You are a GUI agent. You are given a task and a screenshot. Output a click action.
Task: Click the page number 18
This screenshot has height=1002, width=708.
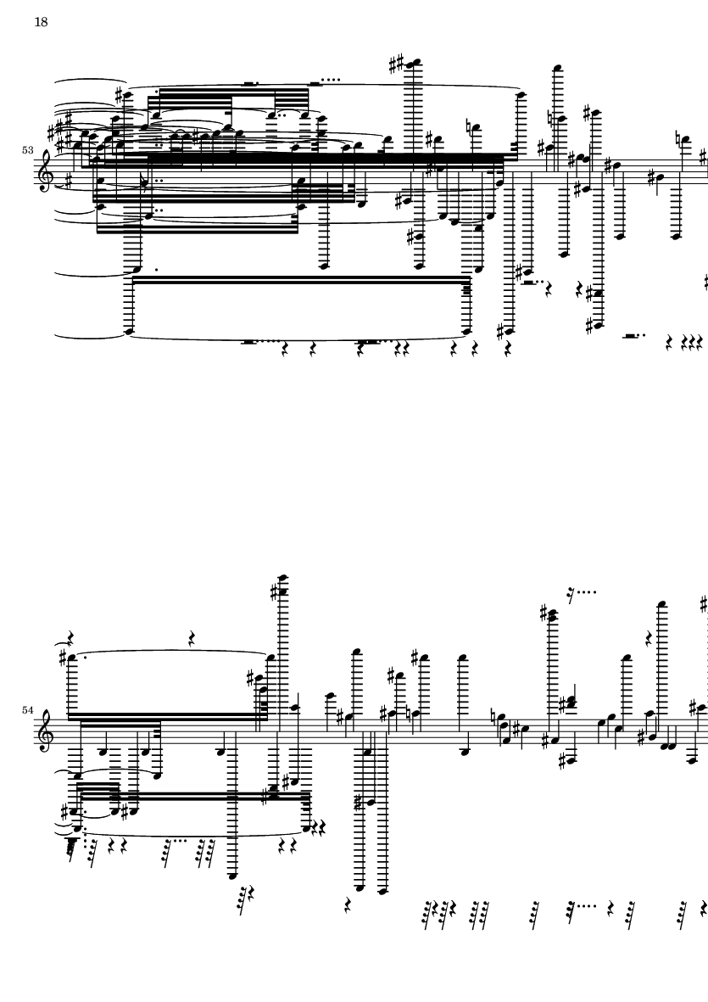coord(41,22)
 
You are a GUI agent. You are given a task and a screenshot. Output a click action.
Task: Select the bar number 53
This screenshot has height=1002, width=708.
coord(27,150)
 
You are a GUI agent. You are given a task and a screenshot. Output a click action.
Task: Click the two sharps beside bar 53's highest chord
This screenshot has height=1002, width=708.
coord(397,64)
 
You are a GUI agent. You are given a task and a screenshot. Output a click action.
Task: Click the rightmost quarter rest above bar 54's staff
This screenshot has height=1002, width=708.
coord(649,637)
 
